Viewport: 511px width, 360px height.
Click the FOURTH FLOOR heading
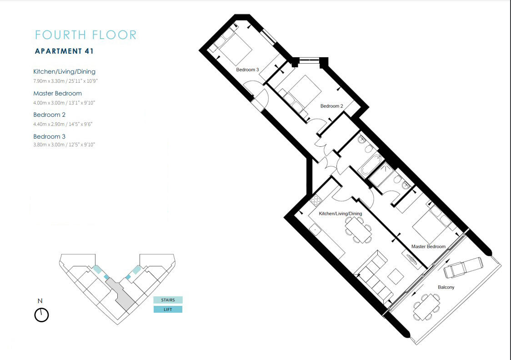pos(85,35)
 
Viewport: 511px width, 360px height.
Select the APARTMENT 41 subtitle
pos(64,51)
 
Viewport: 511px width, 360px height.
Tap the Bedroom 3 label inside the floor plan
pos(247,70)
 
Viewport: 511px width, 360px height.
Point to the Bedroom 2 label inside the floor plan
pos(332,106)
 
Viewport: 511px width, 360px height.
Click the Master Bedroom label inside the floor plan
pos(428,246)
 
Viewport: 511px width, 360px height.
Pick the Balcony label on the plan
pos(446,287)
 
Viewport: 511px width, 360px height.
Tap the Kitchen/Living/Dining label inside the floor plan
pos(341,214)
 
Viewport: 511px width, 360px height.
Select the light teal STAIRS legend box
pos(168,300)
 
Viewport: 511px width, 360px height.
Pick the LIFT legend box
pos(168,310)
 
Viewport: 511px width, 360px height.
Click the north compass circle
pos(41,315)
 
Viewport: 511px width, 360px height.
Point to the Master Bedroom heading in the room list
pos(58,93)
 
